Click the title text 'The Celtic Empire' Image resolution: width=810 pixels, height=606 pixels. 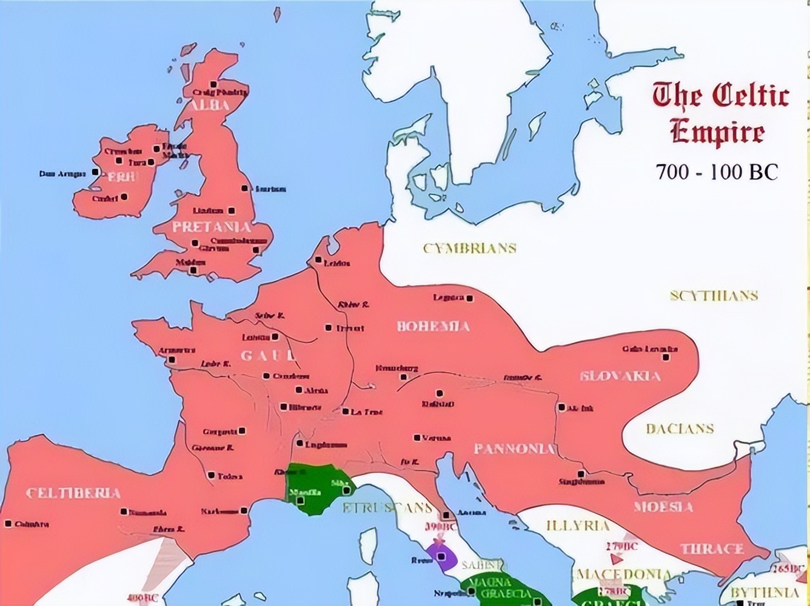point(720,113)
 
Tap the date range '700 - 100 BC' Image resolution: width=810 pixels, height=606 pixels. point(716,172)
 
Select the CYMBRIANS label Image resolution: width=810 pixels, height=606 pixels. point(469,248)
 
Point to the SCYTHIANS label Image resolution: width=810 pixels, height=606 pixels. point(714,296)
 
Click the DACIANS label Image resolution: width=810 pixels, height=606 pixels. point(680,429)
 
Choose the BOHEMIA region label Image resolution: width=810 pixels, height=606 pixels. point(433,327)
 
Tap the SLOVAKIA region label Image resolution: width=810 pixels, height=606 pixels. point(620,376)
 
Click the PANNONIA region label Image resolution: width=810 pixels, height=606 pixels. point(514,449)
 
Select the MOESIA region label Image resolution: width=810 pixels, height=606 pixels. point(663,506)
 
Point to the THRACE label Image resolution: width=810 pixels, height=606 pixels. point(712,549)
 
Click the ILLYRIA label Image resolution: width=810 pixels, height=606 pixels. point(577,525)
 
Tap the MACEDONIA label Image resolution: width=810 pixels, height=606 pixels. point(624,574)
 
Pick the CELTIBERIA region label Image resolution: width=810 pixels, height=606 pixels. point(73,493)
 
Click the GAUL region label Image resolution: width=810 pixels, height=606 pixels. point(267,356)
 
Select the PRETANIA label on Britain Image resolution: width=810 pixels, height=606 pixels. point(211,227)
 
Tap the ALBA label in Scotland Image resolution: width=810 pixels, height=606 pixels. point(209,105)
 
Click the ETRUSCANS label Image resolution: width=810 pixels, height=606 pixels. point(387,508)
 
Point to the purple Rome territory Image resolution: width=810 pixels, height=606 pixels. point(441,557)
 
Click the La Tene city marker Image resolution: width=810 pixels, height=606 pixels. point(345,411)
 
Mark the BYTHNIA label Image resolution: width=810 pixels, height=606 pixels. point(765,591)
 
